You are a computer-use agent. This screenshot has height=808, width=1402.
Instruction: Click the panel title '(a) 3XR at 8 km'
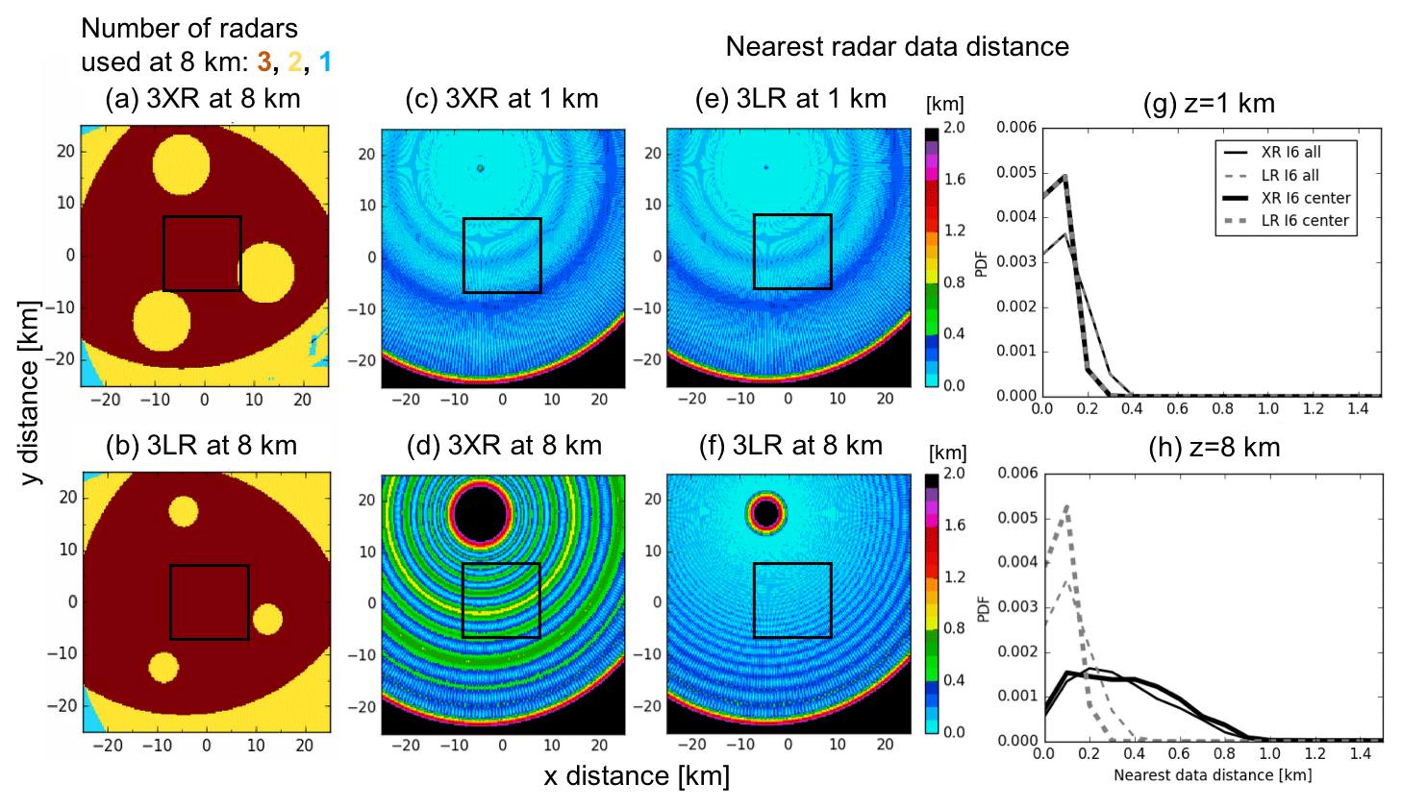[x=203, y=99]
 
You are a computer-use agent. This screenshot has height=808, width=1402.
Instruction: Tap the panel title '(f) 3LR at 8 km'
[x=790, y=446]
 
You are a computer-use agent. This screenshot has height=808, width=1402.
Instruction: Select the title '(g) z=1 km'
[x=1209, y=103]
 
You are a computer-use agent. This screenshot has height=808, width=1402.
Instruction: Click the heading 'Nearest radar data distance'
[x=896, y=46]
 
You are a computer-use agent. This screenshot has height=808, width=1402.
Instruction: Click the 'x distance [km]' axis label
[x=637, y=776]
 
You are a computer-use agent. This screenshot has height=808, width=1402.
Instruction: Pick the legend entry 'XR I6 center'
[x=1305, y=198]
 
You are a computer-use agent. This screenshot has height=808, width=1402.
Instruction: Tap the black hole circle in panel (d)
[x=481, y=514]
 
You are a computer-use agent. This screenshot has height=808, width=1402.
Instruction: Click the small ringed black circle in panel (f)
[x=766, y=514]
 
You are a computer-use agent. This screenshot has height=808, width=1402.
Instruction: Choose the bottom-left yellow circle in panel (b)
[x=163, y=667]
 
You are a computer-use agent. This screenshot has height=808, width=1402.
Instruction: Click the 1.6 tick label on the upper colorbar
[x=954, y=179]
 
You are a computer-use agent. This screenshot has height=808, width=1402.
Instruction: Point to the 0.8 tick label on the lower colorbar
[x=954, y=628]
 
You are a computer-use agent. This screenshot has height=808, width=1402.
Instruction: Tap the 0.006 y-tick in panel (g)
[x=1016, y=127]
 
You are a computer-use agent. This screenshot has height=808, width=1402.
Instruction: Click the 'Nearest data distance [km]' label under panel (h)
[x=1212, y=774]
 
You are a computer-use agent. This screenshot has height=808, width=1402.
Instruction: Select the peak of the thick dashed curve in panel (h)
[x=1067, y=506]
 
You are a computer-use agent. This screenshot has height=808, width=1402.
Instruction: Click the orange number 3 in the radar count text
[x=264, y=62]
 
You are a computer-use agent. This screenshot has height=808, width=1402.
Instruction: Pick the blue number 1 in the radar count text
[x=325, y=62]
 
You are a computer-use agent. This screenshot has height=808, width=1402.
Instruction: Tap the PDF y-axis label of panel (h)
[x=983, y=608]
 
